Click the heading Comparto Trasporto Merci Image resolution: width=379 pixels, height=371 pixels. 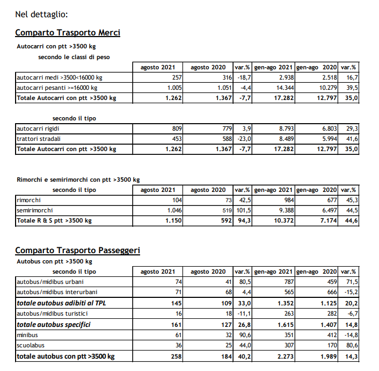68,33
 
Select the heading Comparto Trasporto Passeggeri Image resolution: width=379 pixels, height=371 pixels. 77,250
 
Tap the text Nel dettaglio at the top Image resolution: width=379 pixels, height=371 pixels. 41,13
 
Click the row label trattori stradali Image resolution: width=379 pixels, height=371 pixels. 39,139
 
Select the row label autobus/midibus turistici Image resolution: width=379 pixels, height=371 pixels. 52,313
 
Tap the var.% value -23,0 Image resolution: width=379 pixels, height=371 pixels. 243,139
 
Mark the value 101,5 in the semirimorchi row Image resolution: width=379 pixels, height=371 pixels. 243,210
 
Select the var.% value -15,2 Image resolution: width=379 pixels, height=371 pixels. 349,292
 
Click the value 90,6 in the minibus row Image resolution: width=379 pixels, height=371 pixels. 243,334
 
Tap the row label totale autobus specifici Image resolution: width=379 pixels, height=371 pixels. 53,324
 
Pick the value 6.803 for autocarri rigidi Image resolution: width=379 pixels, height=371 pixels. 326,129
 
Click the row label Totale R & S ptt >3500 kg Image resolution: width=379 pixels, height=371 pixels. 54,220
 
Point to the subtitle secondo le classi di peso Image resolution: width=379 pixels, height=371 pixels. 74,56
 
